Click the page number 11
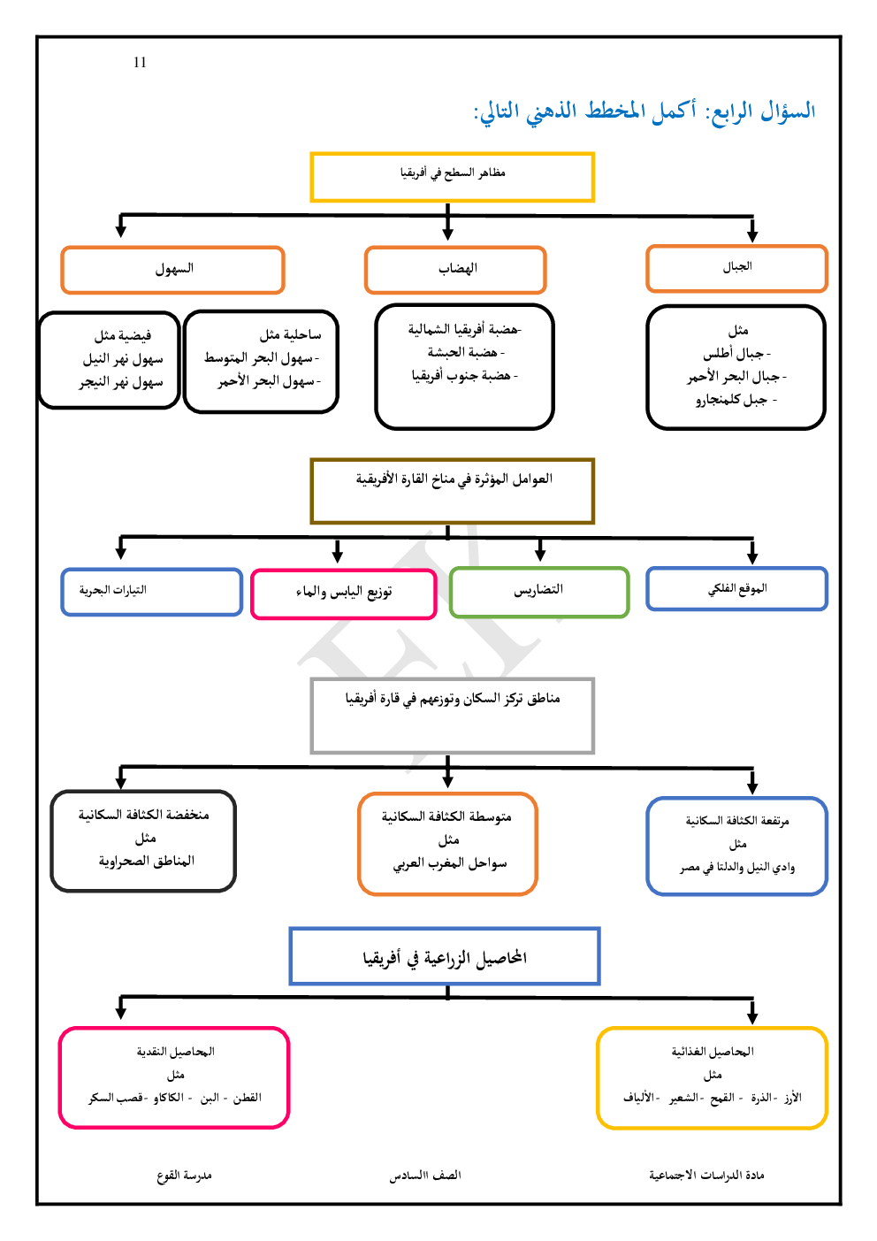coord(140,62)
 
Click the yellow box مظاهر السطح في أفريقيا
coord(452,177)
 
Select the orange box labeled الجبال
coord(736,268)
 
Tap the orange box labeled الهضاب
coord(455,270)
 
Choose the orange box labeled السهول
coord(173,270)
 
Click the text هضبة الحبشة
coord(465,352)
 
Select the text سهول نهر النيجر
coord(121,382)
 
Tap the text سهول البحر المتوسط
coord(261,358)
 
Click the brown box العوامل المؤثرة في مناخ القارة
coord(452,491)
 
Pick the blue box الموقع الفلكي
coord(736,589)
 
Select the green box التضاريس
coord(539,591)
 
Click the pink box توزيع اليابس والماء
coord(344,594)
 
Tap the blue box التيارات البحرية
coord(151,592)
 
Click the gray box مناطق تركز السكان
coord(452,715)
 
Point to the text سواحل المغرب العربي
coord(450,862)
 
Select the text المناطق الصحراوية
coord(146,861)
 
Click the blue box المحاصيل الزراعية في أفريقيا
coord(445,956)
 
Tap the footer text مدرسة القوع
coord(184,1176)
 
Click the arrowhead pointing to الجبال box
coord(752,234)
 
